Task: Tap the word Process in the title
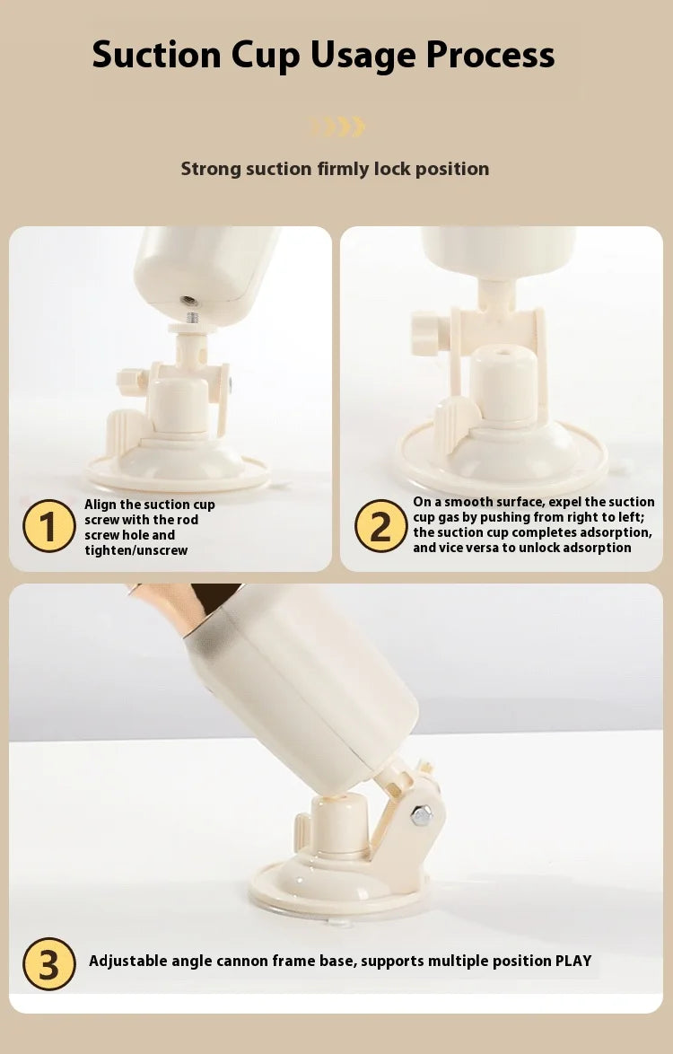pos(490,55)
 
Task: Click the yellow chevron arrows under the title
pos(337,127)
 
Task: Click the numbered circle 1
pos(49,526)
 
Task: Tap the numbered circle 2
pos(380,526)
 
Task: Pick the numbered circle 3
pos(49,963)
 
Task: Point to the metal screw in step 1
pos(193,317)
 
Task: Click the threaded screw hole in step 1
pos(189,301)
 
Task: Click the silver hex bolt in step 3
pos(421,815)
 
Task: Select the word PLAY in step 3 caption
pos(572,961)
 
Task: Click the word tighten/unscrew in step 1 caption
pos(136,550)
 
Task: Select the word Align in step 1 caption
pos(101,505)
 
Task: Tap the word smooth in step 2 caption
pos(468,502)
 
